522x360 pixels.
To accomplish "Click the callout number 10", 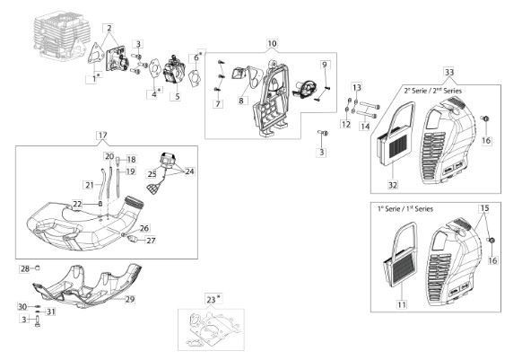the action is (272, 44).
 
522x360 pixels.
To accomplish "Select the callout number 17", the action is (102, 136).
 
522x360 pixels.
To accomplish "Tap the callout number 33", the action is (449, 72).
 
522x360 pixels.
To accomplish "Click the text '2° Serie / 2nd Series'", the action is (433, 91).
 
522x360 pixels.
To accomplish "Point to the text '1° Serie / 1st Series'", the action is (405, 209).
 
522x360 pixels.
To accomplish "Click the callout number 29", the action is (130, 299).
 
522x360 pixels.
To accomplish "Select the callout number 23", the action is (211, 300).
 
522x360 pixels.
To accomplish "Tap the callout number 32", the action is (393, 185).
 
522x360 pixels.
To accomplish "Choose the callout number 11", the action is (402, 304).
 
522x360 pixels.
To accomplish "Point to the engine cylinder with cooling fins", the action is (63, 38).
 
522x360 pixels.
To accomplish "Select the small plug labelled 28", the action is (38, 268).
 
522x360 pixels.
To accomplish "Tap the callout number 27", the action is (151, 241).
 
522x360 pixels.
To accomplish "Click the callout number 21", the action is (89, 185).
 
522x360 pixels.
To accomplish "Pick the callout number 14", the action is (365, 127).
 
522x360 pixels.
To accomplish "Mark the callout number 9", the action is (325, 65).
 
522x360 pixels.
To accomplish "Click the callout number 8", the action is (241, 101).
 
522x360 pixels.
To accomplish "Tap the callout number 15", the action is (484, 208).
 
